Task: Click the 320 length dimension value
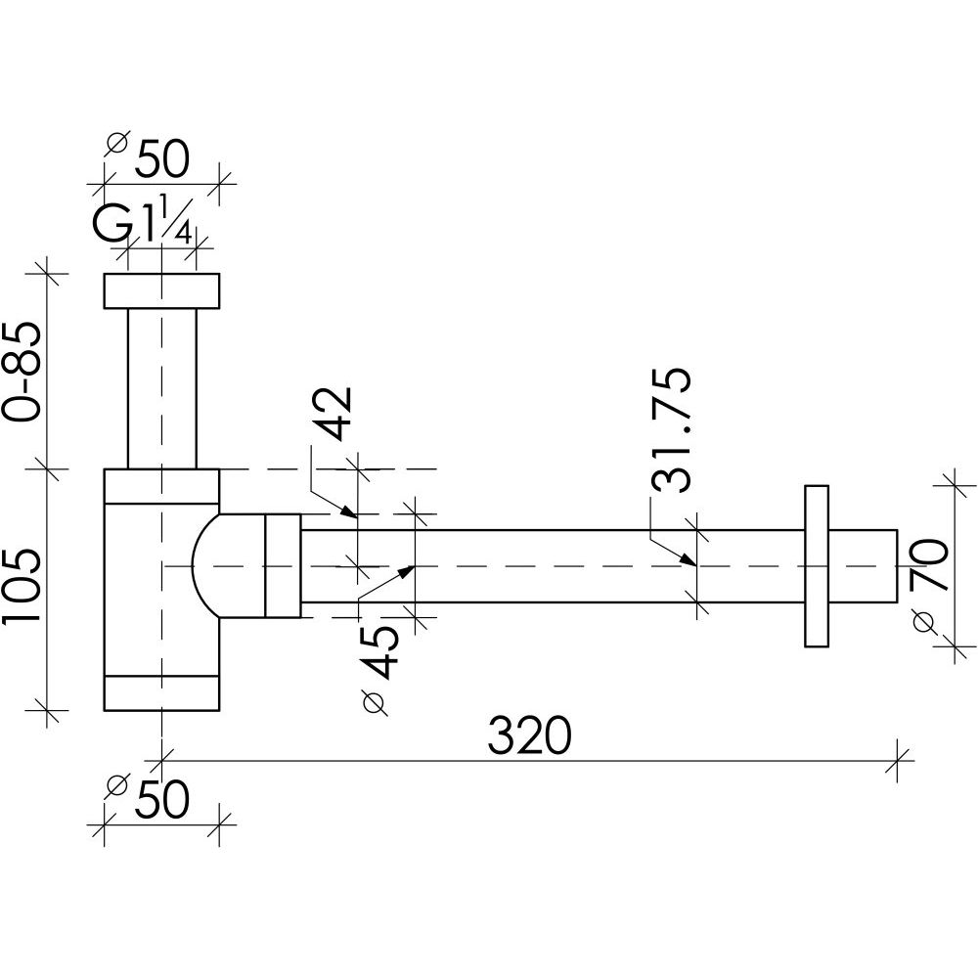(529, 736)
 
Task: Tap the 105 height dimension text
(22, 586)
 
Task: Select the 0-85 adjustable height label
(22, 373)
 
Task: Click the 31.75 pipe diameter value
(671, 429)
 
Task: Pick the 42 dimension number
(332, 414)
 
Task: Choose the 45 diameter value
(378, 652)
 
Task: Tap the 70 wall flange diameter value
(928, 565)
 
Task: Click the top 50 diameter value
(161, 159)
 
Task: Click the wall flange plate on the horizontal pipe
(817, 565)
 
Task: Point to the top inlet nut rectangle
(161, 290)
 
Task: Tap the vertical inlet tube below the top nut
(161, 388)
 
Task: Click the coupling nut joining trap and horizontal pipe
(284, 565)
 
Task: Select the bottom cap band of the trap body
(161, 693)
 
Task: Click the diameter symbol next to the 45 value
(375, 702)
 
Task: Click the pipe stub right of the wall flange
(863, 565)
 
